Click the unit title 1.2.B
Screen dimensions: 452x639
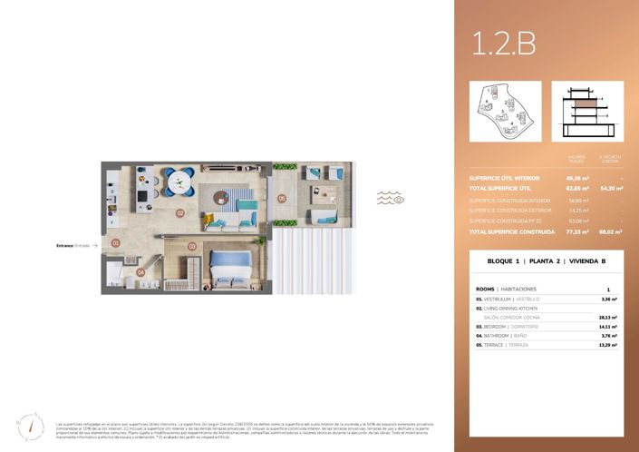(x=504, y=42)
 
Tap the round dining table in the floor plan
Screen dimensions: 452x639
(x=184, y=180)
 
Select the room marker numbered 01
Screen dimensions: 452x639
(x=115, y=243)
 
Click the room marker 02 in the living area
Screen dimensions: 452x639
(x=180, y=214)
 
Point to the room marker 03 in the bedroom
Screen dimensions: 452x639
(x=192, y=246)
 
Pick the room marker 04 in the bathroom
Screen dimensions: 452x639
(x=140, y=271)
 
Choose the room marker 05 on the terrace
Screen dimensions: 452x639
(x=282, y=198)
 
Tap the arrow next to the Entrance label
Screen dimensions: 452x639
(x=94, y=245)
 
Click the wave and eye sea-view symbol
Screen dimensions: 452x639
(x=391, y=197)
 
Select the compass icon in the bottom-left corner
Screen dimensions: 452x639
(x=30, y=426)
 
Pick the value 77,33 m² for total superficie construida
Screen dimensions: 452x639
(x=575, y=232)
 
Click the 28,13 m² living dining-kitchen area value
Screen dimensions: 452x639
(x=608, y=318)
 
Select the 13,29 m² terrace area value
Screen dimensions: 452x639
(x=608, y=345)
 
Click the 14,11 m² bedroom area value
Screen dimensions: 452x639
(x=608, y=327)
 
